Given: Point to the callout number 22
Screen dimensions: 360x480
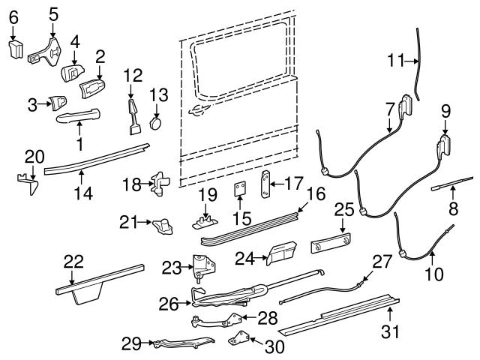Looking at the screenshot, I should pyautogui.click(x=73, y=261).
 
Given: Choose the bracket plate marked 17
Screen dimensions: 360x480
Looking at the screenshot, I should pyautogui.click(x=265, y=182).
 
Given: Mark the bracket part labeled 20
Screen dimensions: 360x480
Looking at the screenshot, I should pyautogui.click(x=27, y=183).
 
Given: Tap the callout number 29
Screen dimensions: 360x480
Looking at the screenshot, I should pyautogui.click(x=131, y=344).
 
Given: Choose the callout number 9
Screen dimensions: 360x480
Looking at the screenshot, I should pyautogui.click(x=445, y=111).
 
